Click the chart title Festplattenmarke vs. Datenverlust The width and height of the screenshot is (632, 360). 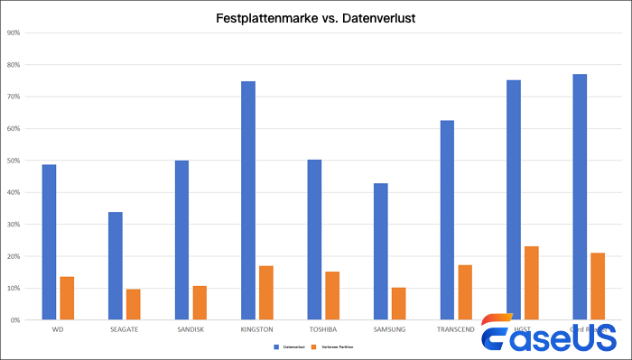click(315, 17)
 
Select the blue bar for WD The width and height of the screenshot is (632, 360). click(50, 242)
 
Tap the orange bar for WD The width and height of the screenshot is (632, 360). click(67, 298)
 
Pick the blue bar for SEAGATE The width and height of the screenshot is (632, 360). click(116, 265)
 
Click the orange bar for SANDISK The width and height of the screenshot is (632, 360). click(200, 302)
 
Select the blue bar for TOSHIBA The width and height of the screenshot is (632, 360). click(314, 239)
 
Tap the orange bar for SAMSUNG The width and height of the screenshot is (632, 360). click(398, 303)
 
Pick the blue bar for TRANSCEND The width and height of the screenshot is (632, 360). click(447, 219)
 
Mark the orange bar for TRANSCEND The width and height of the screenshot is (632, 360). click(464, 291)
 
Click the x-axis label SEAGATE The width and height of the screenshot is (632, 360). click(124, 329)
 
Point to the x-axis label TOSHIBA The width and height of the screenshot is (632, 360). click(322, 329)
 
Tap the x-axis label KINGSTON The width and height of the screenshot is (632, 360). click(256, 329)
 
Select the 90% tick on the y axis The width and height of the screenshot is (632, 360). click(14, 33)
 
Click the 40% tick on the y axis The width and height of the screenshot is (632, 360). click(14, 192)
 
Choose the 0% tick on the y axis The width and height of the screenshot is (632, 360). click(15, 319)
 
